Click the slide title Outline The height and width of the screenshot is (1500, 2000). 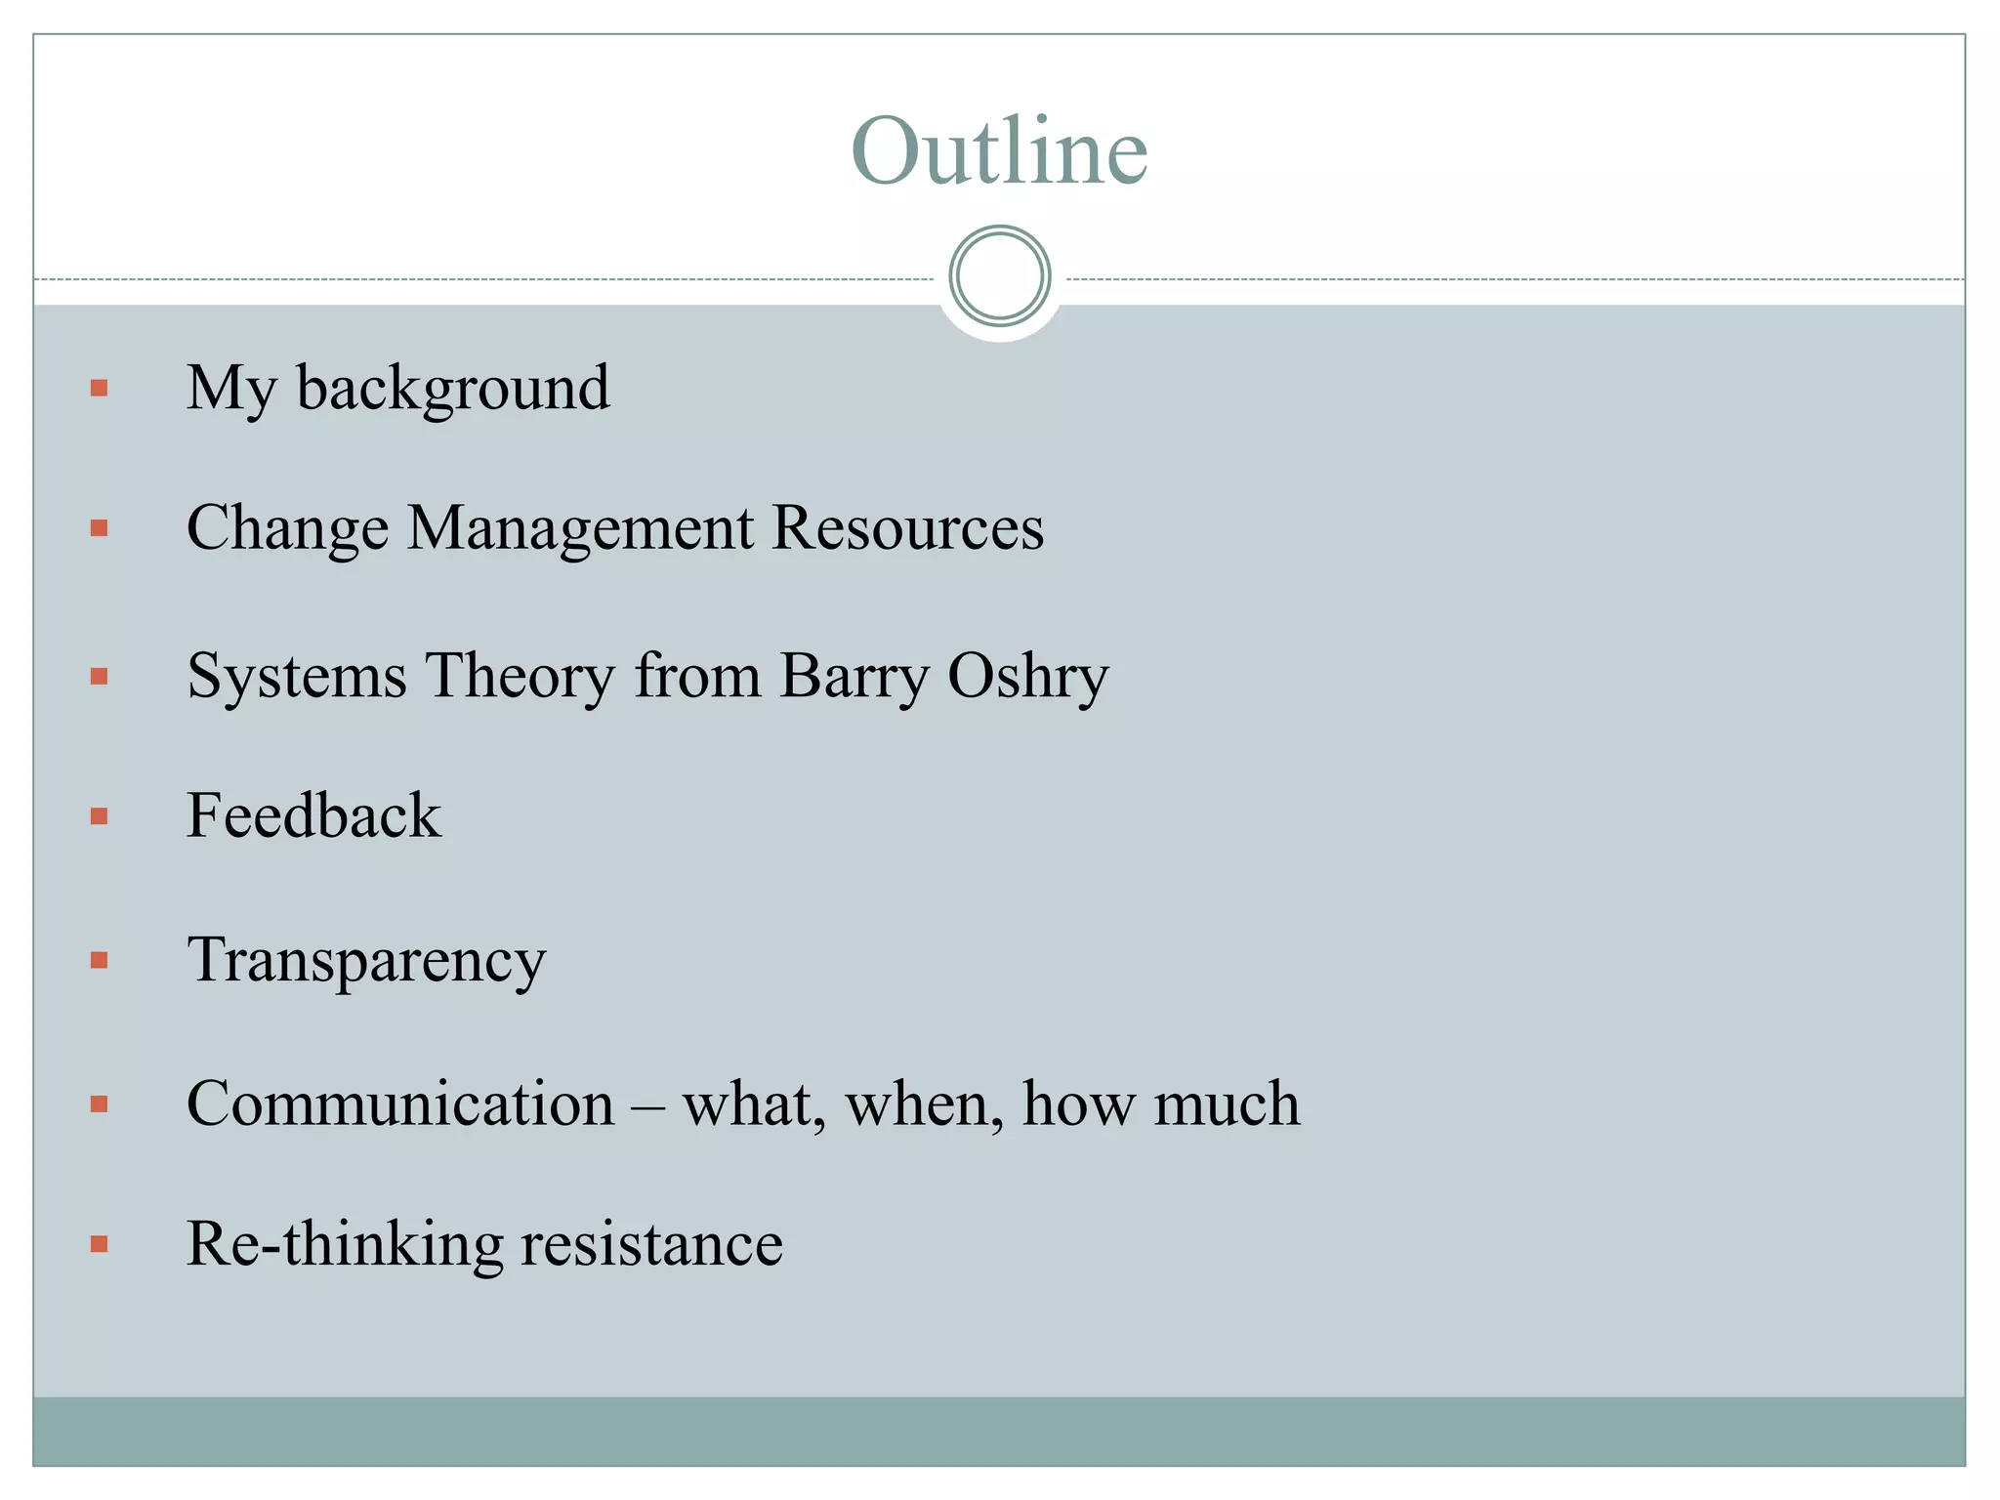click(x=999, y=150)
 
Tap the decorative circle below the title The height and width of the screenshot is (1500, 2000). click(x=999, y=276)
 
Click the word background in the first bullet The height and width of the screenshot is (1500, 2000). click(x=453, y=389)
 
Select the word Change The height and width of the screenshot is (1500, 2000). click(x=287, y=529)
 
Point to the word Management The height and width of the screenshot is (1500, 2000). click(x=580, y=529)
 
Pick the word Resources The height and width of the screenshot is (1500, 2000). click(x=907, y=529)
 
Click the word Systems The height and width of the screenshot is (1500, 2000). click(x=296, y=676)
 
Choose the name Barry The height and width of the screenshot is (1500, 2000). click(x=854, y=676)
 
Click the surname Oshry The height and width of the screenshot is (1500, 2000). click(x=1027, y=676)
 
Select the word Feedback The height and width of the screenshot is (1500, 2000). click(x=313, y=815)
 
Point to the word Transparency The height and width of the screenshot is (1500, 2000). click(x=366, y=961)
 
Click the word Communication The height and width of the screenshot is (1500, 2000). click(x=400, y=1104)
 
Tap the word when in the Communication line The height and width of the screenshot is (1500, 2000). click(x=924, y=1104)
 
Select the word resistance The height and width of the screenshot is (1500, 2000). click(x=651, y=1244)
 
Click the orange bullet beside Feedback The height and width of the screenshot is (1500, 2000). click(x=99, y=816)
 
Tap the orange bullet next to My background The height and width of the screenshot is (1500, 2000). click(x=99, y=389)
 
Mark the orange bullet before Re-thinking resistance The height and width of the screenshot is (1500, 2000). click(x=99, y=1244)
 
